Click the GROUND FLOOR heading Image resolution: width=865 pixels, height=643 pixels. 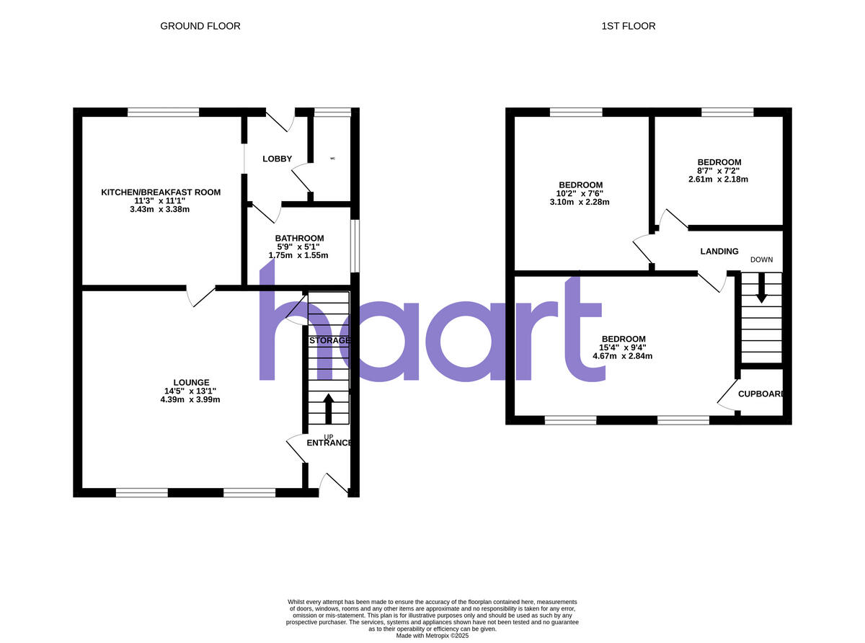click(200, 26)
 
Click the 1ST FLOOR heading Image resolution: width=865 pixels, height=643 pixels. click(629, 26)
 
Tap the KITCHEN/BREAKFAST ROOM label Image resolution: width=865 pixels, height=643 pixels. click(161, 192)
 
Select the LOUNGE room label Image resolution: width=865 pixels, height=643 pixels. click(191, 383)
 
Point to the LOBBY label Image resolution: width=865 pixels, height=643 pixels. click(277, 159)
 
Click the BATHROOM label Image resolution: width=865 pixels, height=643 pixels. click(299, 238)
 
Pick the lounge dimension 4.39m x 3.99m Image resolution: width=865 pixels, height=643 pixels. click(191, 400)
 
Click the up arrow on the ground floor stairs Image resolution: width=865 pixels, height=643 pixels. click(329, 408)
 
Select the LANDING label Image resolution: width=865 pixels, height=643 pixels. click(719, 252)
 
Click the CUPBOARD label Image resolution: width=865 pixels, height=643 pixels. click(760, 394)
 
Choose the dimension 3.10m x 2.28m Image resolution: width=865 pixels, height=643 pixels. click(580, 202)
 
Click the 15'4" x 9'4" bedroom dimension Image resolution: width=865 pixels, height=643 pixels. click(624, 347)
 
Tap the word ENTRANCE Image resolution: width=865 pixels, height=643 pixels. click(329, 443)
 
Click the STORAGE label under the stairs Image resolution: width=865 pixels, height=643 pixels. click(329, 340)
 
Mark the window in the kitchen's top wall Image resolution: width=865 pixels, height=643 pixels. click(163, 112)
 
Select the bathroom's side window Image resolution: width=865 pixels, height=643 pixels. click(355, 246)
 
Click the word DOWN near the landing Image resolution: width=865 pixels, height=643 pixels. click(761, 260)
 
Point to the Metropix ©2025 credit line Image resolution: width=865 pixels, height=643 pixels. click(432, 636)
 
